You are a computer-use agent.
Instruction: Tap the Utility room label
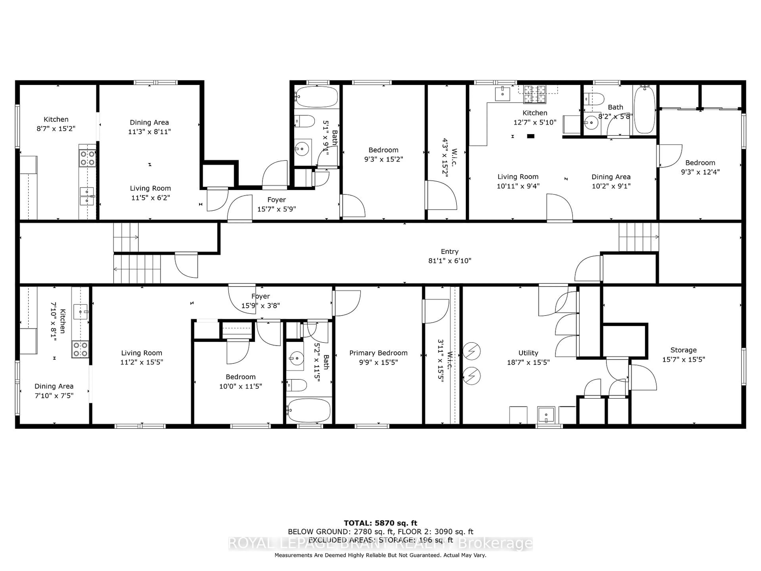[528, 353]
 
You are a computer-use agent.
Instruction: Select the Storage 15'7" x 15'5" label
[683, 354]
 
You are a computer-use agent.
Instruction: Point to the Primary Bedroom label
[378, 353]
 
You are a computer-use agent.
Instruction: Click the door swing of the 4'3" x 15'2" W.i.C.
[442, 196]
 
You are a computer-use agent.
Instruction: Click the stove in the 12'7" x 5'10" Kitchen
[535, 94]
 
